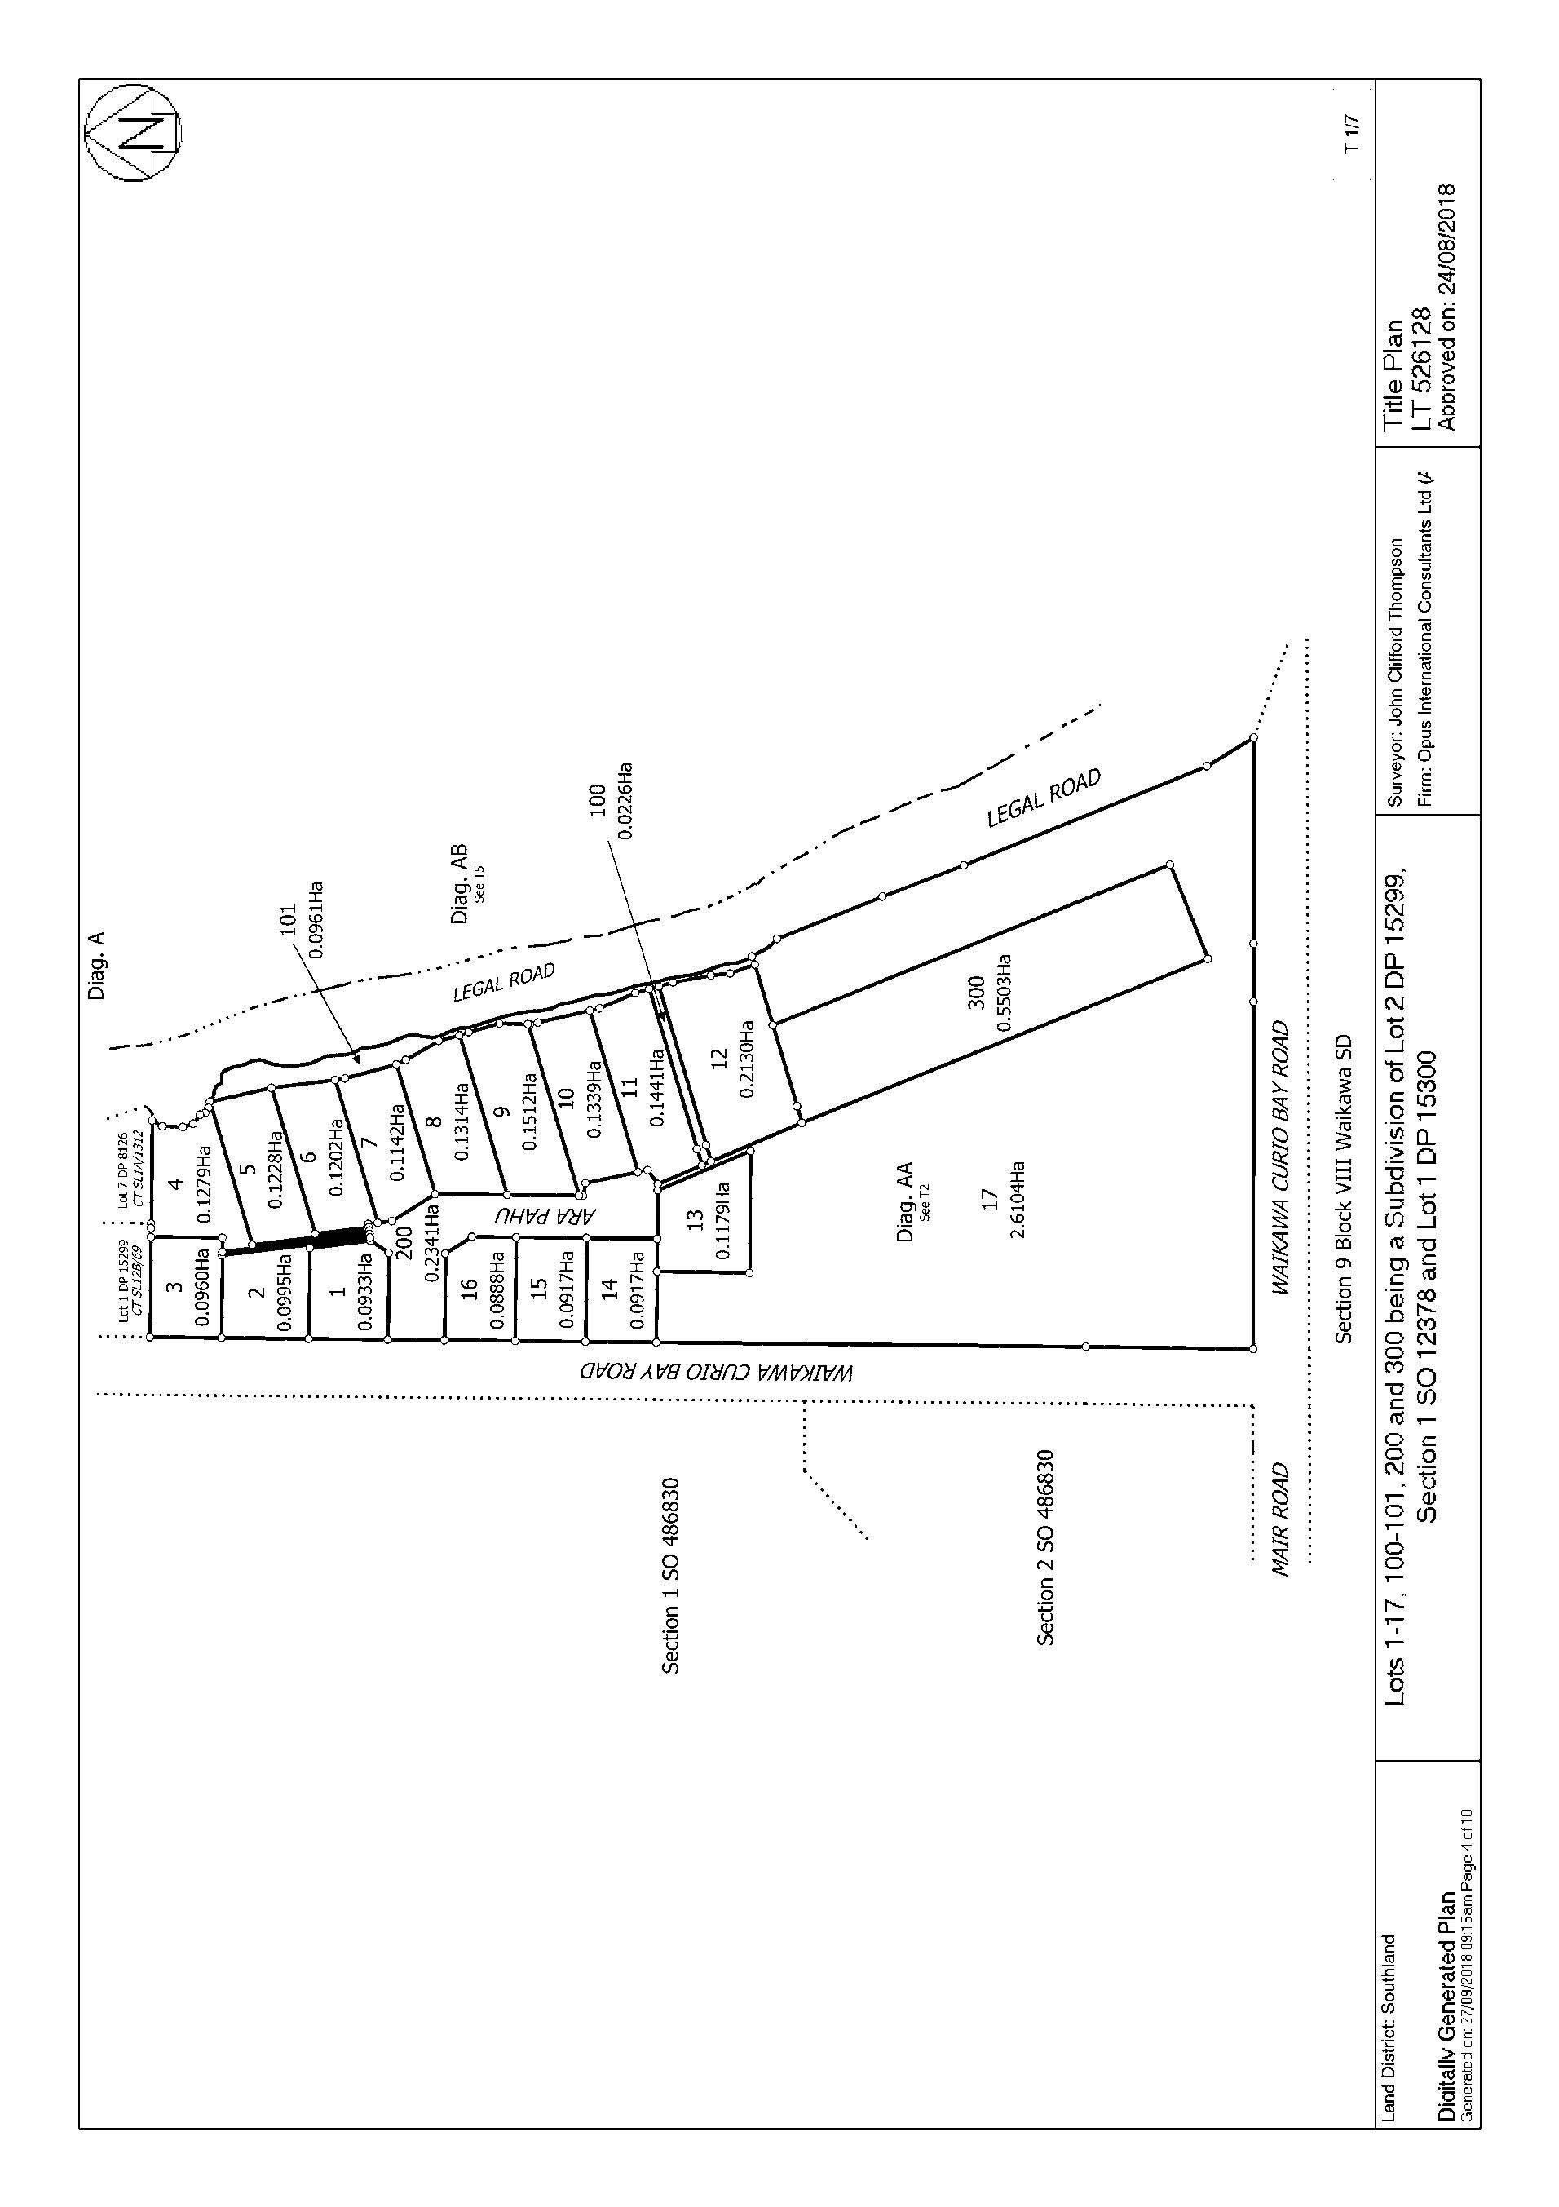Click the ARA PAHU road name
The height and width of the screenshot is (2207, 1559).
click(545, 1215)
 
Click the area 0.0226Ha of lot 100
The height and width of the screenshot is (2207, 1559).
click(625, 801)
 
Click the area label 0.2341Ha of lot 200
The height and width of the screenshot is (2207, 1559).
click(431, 1243)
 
